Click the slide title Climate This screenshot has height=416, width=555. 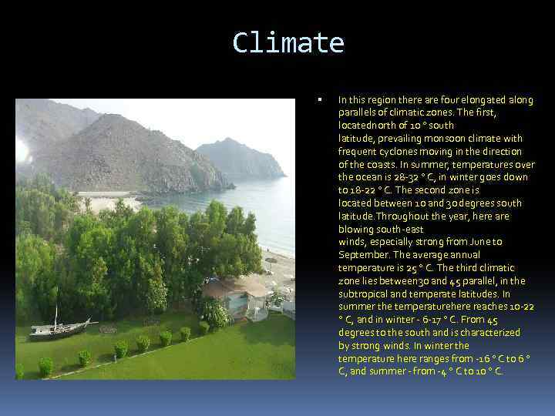pos(288,42)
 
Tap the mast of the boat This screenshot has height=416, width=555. pos(56,315)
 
